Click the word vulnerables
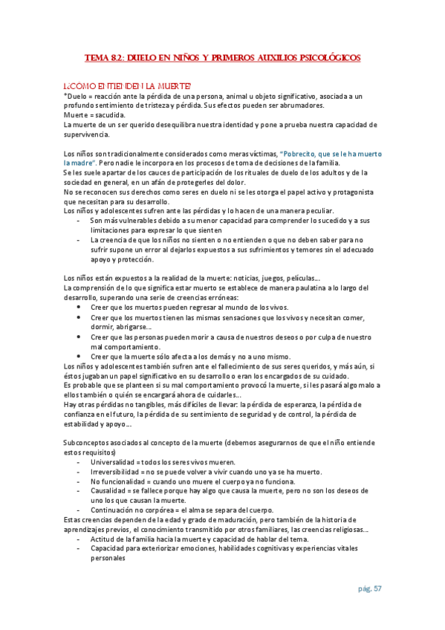pos(141,221)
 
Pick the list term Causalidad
pos(108,491)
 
